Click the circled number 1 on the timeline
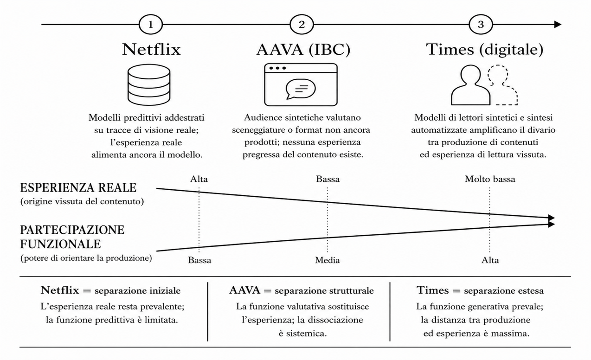(151, 25)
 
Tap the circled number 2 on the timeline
(302, 25)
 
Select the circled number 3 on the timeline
(481, 25)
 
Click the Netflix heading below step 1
(151, 49)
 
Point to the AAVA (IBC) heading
(303, 50)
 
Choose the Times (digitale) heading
(485, 50)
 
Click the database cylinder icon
(149, 85)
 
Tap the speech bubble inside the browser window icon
(301, 89)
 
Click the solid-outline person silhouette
(470, 85)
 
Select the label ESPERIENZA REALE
(78, 188)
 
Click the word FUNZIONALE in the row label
(60, 244)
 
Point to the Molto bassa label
(490, 179)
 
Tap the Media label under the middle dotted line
(328, 261)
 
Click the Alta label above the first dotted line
(199, 179)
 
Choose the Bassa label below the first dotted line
(199, 261)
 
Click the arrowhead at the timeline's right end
(558, 25)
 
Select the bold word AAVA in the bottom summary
(245, 290)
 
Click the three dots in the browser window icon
(277, 68)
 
